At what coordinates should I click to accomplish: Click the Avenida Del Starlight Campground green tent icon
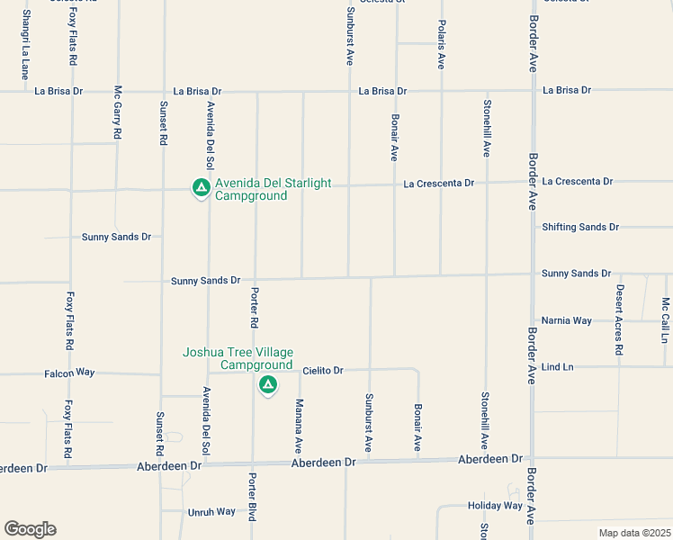202,188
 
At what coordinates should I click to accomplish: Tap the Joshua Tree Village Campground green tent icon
267,386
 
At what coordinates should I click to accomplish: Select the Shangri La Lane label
26,45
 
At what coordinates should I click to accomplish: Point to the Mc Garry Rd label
118,112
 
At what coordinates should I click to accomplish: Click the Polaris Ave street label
441,45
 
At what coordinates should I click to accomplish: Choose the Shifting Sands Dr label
580,227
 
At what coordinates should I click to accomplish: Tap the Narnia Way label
566,320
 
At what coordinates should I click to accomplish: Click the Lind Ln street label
557,367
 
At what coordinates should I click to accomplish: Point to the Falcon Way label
69,372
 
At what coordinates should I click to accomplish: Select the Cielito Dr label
323,370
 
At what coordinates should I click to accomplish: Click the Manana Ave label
299,425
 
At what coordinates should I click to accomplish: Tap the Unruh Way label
211,512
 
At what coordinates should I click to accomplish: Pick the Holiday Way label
495,506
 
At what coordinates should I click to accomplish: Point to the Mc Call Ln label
665,319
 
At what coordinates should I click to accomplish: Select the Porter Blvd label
253,497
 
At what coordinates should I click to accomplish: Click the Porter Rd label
255,308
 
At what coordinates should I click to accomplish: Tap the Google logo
30,529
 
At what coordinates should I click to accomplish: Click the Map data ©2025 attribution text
634,533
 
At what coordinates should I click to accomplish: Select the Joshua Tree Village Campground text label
238,358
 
